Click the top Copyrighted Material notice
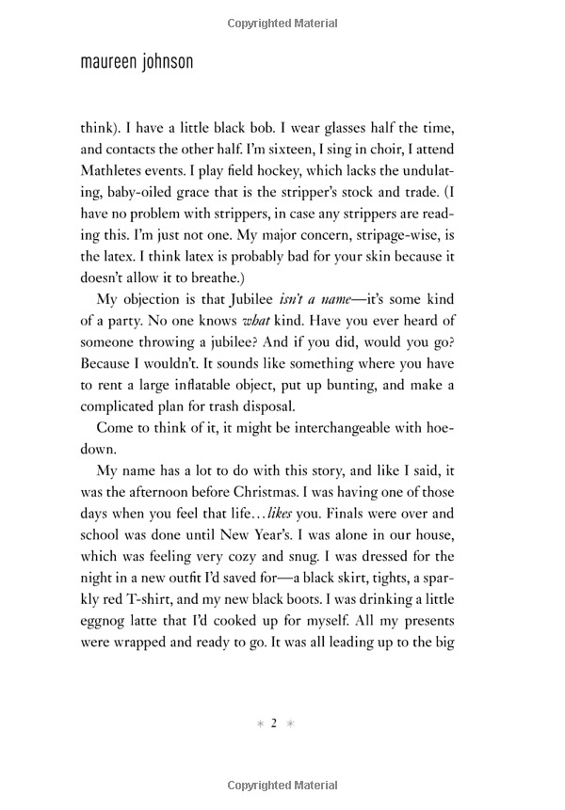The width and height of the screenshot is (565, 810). (282, 18)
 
